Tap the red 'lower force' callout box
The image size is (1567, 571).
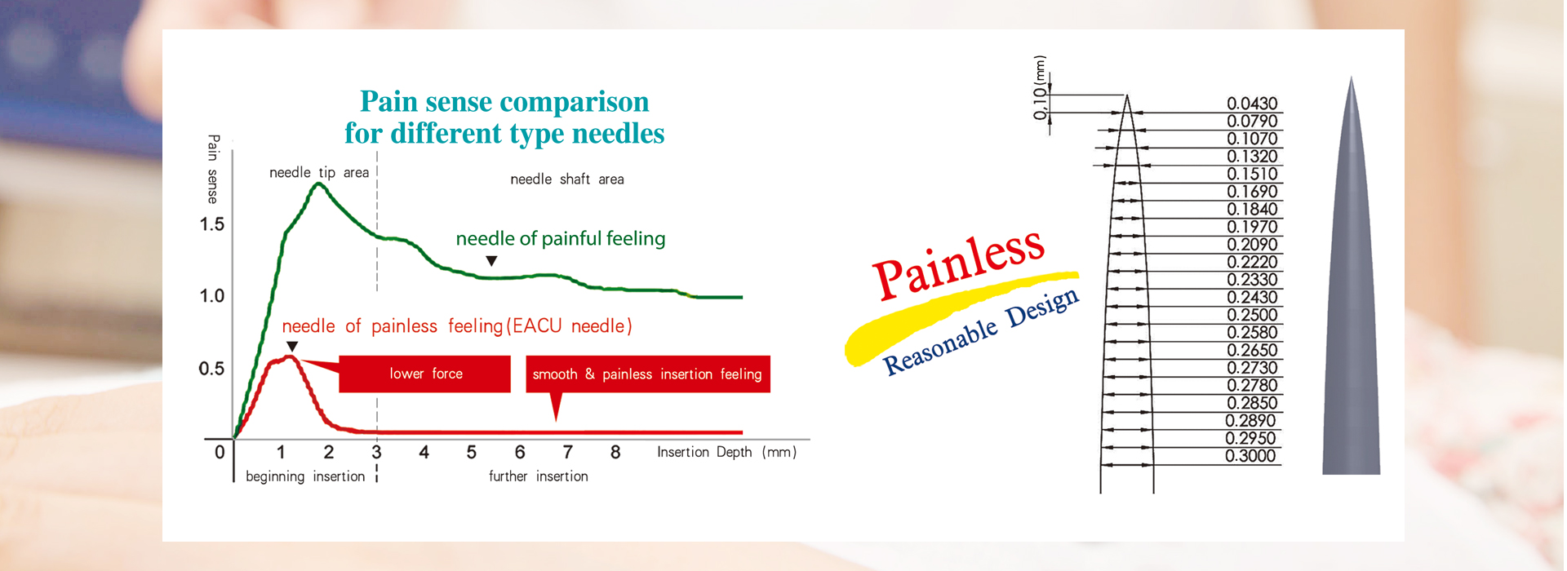click(424, 374)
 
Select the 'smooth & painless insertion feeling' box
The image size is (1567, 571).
click(648, 374)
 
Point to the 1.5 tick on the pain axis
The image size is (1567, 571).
click(212, 224)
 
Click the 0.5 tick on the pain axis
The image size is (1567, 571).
click(211, 369)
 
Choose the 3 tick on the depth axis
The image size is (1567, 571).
click(376, 452)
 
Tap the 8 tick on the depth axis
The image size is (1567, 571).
click(615, 452)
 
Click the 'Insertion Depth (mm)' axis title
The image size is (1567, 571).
click(726, 452)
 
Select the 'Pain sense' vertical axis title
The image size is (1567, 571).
click(213, 169)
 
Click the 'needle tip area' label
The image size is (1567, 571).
click(319, 172)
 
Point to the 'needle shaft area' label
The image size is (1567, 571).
click(567, 179)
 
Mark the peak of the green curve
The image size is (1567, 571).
click(318, 184)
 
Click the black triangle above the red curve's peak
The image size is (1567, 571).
click(292, 347)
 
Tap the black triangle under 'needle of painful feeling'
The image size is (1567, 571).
click(491, 261)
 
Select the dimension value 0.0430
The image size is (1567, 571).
click(1252, 104)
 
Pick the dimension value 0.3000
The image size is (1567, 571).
click(1250, 456)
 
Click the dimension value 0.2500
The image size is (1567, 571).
click(1252, 315)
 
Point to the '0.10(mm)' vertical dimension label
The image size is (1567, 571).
click(1039, 87)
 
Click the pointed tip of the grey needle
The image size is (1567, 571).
click(1352, 77)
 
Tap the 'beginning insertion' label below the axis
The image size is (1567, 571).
click(305, 476)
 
